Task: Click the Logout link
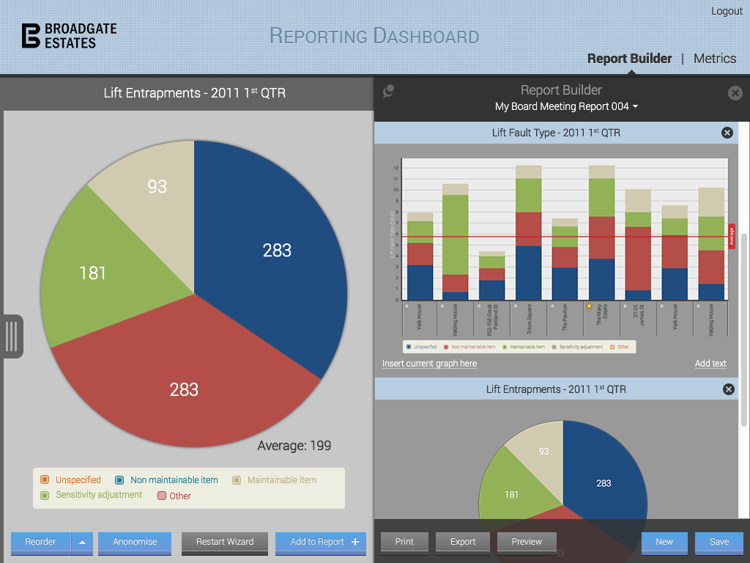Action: tap(727, 11)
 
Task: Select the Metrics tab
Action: tap(714, 59)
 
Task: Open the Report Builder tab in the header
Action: tap(629, 59)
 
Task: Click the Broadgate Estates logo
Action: tap(69, 35)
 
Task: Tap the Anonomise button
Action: tap(135, 542)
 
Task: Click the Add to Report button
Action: tap(320, 542)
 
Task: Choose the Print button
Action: tap(404, 542)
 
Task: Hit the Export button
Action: tap(463, 542)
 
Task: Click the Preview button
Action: tap(527, 542)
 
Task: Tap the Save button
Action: tap(719, 542)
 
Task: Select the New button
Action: tap(664, 542)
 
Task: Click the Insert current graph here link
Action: tap(429, 364)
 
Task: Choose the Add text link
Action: tap(710, 364)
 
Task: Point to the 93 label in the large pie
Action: tap(157, 186)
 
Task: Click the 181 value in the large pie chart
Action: tap(93, 273)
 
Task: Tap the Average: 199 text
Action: tap(294, 446)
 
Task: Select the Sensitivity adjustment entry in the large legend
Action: tap(99, 495)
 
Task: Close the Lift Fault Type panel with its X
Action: tap(727, 133)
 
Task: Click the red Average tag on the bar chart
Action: tap(731, 236)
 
